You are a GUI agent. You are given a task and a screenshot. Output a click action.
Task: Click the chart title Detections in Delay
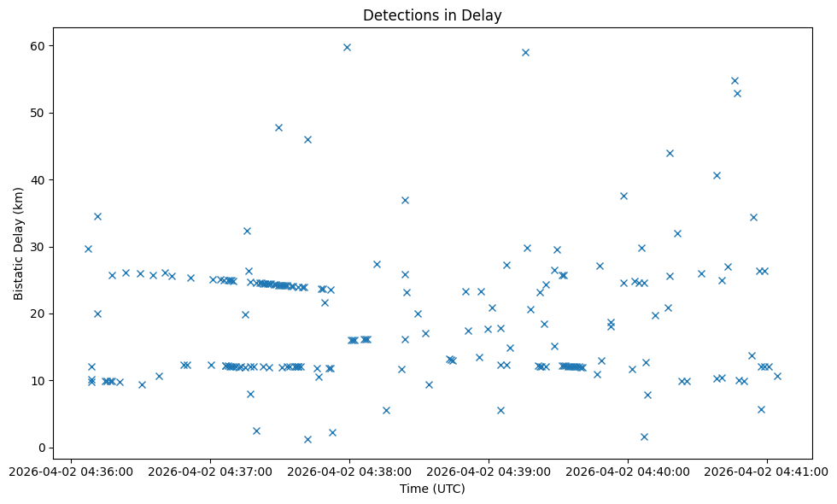tap(432, 15)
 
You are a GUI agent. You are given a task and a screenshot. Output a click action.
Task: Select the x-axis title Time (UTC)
tap(432, 489)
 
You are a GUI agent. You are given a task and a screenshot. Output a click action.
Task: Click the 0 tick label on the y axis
tap(43, 448)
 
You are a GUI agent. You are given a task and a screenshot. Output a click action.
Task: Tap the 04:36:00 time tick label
tap(71, 471)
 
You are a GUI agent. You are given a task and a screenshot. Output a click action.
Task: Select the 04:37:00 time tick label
tap(210, 471)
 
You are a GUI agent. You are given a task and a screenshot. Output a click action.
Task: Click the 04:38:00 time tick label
tap(349, 471)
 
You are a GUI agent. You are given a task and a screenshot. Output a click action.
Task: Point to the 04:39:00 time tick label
tap(489, 471)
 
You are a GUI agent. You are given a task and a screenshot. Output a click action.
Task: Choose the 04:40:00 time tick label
tap(628, 471)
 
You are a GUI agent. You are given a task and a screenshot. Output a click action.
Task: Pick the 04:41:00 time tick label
tap(767, 471)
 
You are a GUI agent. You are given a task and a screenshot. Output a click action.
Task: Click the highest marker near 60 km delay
tap(347, 47)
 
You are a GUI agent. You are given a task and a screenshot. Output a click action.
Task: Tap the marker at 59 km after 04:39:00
tap(525, 52)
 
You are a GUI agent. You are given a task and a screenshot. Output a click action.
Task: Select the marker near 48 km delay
tap(278, 127)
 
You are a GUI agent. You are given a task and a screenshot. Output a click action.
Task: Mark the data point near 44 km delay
tap(670, 153)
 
